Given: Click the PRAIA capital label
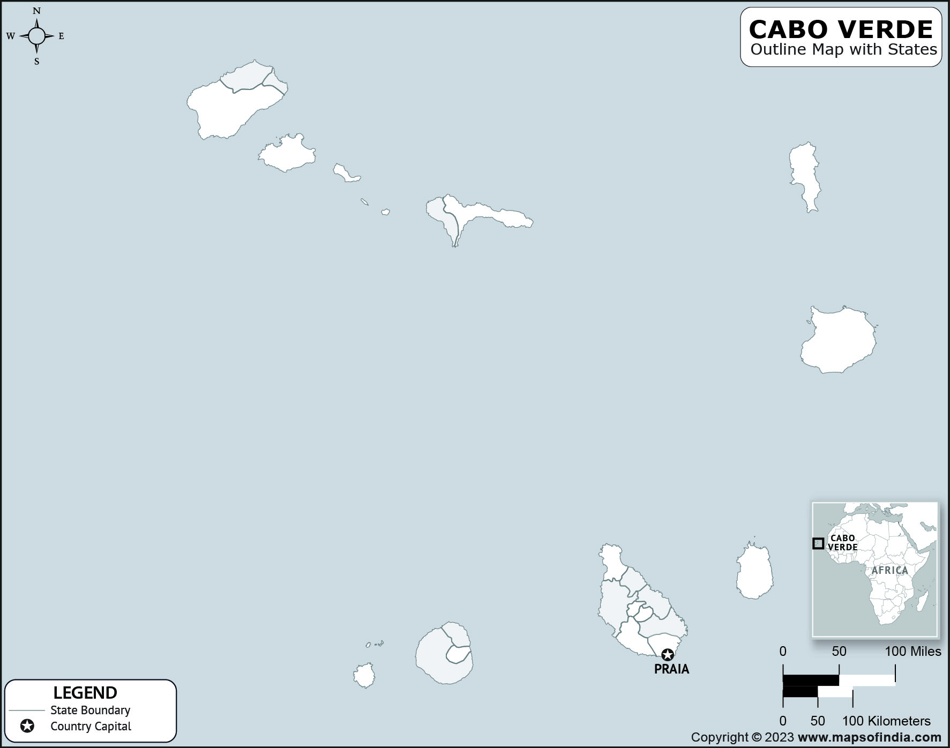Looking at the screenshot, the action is pos(671,669).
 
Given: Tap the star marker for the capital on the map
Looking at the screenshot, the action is pos(667,655).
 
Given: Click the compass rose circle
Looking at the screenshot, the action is pos(36,36).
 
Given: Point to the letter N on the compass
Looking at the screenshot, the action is pos(36,11).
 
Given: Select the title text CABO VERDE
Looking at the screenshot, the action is pos(841,29).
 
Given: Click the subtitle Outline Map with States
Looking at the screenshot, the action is pos(843,50).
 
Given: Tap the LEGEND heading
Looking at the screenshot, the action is pos(85,693).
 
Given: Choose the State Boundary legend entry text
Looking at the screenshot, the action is pos(90,710).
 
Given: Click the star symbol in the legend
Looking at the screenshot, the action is pos(27,726).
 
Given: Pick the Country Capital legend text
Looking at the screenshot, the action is pos(91,727).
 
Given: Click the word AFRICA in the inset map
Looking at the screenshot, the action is pos(889,570).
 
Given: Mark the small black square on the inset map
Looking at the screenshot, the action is pos(818,543).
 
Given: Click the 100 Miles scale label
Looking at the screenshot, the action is pos(912,652).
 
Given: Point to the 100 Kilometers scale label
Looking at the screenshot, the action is pos(886,721).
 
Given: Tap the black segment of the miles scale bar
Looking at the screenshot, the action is pos(811,680).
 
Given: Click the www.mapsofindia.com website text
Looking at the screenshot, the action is pos(869,737).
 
